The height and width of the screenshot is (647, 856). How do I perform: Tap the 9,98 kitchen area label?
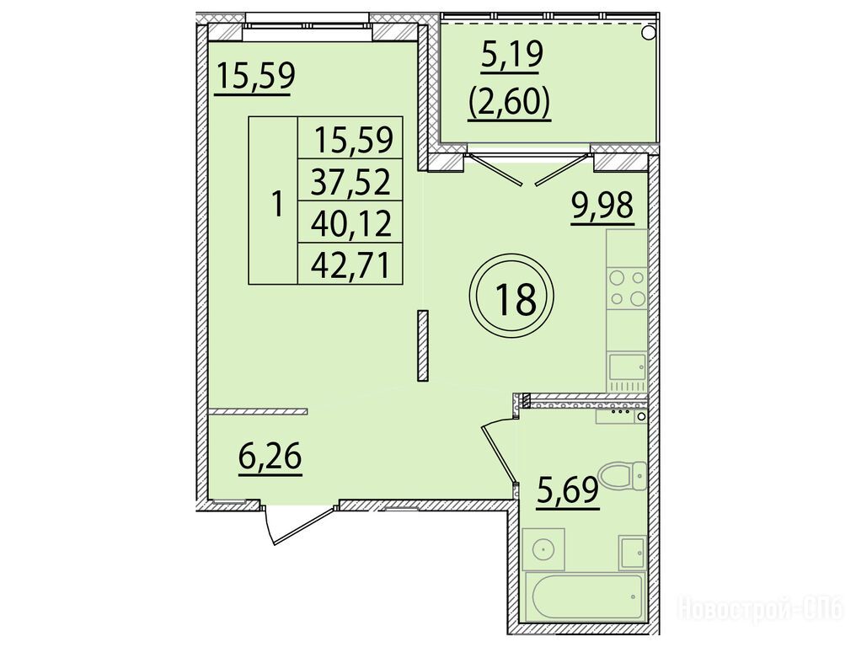point(602,208)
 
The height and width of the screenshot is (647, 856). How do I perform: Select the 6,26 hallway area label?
point(270,457)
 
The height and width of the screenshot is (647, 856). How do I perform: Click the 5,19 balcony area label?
point(512,56)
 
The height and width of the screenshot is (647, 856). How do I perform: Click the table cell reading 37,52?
point(350,181)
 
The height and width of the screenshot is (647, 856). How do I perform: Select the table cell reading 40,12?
point(350,222)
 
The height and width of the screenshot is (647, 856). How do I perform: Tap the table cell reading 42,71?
point(350,265)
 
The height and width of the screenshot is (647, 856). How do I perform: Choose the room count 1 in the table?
point(278,204)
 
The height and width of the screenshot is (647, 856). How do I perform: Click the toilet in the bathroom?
point(623,475)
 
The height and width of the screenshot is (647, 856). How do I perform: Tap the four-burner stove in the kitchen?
point(627,288)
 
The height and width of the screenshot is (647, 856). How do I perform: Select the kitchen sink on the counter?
point(628,367)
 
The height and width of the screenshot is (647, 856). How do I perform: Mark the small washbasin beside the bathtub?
point(632,553)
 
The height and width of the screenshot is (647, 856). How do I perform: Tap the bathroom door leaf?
point(499,454)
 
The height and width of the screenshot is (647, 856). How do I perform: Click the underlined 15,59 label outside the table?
point(255,78)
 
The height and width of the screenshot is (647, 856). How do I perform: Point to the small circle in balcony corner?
point(648,33)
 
